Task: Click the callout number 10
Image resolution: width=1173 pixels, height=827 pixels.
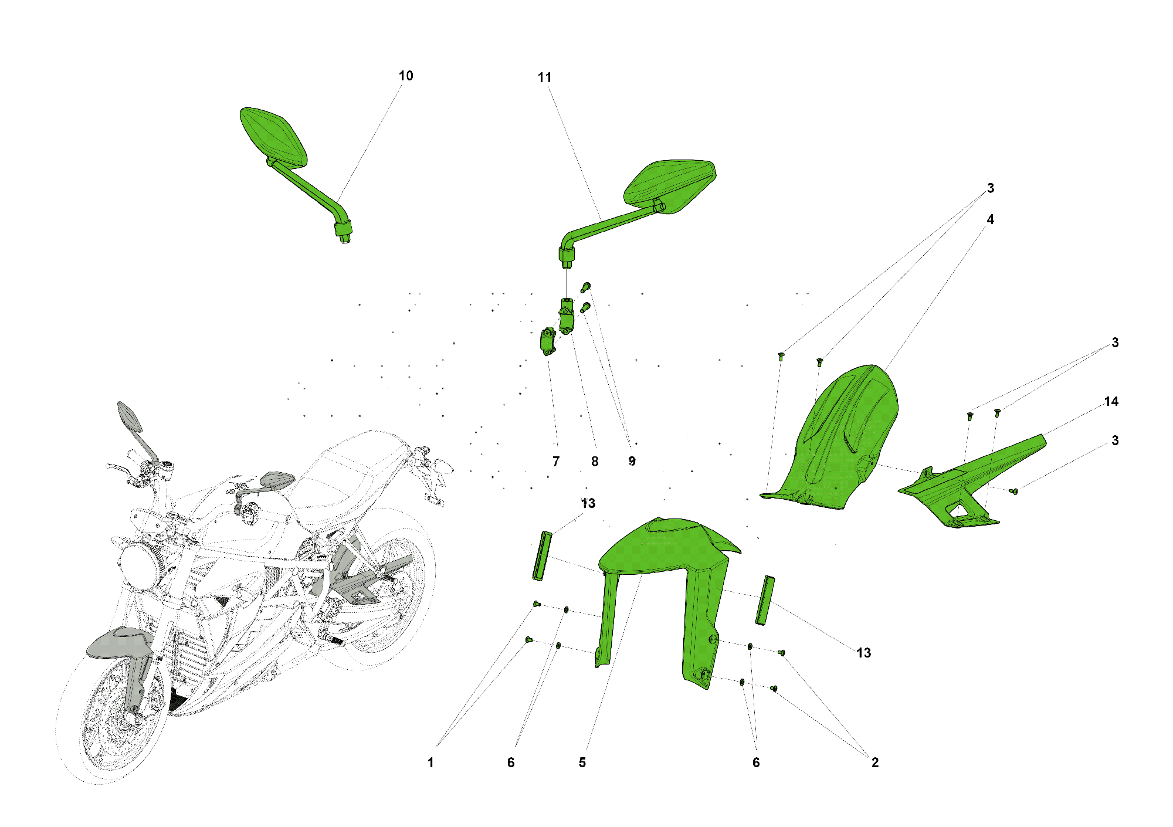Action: click(x=406, y=76)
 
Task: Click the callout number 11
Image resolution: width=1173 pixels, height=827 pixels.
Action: click(x=544, y=77)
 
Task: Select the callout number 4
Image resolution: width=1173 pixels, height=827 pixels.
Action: click(x=991, y=219)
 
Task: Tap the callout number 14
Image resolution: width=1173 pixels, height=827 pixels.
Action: click(x=1111, y=402)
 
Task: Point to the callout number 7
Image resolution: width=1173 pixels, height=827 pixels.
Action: click(x=556, y=462)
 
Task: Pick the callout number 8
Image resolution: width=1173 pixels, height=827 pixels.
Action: click(x=595, y=462)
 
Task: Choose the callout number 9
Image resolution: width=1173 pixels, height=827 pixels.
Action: click(x=632, y=462)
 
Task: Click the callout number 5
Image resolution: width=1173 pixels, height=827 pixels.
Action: click(x=582, y=762)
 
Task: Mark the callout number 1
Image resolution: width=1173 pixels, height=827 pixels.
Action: click(x=430, y=762)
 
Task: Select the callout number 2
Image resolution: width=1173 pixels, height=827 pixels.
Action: click(x=875, y=762)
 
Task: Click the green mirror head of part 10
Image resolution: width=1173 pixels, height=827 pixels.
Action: click(x=273, y=135)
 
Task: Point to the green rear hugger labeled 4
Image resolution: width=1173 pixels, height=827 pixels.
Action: click(x=833, y=440)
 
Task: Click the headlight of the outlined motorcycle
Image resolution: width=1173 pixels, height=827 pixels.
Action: click(x=138, y=566)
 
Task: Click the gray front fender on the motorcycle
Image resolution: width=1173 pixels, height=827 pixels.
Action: click(x=117, y=642)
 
